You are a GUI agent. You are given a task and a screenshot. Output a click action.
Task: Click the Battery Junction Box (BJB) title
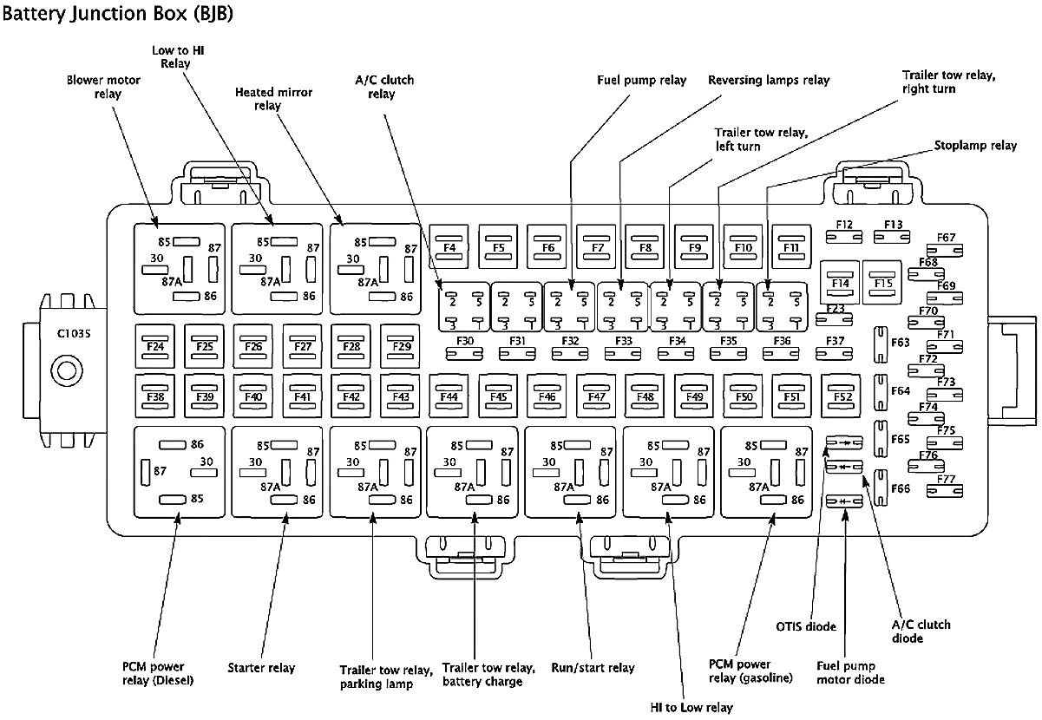click(x=117, y=14)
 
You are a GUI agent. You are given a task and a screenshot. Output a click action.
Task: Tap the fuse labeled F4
click(x=449, y=247)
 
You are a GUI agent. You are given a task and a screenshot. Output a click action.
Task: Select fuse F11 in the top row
click(x=791, y=247)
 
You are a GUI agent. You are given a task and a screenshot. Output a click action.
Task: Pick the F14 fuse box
click(x=840, y=282)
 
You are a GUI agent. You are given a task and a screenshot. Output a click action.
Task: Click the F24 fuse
click(x=155, y=346)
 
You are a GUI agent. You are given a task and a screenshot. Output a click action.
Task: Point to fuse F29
click(x=400, y=346)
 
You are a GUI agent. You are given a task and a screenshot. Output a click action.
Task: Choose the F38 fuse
click(x=155, y=396)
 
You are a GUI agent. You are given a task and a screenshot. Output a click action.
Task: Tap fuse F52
click(x=841, y=396)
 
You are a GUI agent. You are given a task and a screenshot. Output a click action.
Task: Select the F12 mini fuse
click(x=844, y=237)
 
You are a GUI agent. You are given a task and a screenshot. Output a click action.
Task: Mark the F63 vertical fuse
click(x=880, y=344)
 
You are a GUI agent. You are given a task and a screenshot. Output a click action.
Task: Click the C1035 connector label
click(x=74, y=333)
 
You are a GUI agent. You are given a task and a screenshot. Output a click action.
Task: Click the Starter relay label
click(x=261, y=668)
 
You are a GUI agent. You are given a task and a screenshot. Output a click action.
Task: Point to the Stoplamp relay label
click(x=975, y=146)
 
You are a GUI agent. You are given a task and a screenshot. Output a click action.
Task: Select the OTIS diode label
click(x=806, y=626)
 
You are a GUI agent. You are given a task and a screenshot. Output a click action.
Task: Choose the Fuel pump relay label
click(x=641, y=81)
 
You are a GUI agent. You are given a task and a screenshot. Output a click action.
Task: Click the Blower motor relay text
click(x=104, y=87)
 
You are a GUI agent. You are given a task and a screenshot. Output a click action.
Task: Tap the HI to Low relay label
click(x=691, y=708)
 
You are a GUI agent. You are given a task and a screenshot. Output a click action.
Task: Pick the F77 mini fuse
click(x=944, y=491)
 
